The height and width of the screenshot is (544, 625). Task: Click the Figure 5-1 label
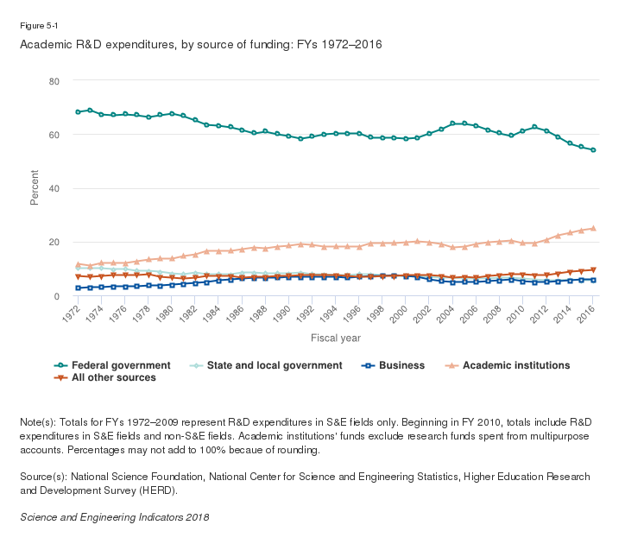point(37,26)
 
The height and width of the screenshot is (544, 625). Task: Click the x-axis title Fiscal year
point(336,338)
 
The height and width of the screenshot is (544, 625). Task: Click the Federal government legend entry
point(121,365)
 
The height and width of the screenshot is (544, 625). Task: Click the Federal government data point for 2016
point(593,150)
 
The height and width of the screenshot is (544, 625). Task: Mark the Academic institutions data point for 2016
point(593,228)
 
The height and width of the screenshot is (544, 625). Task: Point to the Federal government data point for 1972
point(78,112)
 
